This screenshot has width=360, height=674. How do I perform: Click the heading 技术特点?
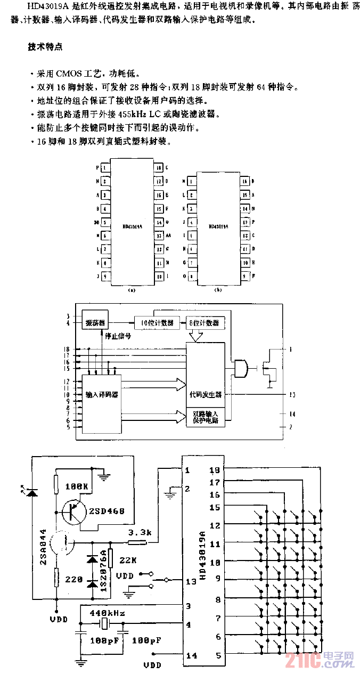point(45,47)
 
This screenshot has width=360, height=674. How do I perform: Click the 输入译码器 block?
point(101,395)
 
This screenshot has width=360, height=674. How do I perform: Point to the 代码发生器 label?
point(206,395)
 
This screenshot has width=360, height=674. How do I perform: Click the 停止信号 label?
point(118,337)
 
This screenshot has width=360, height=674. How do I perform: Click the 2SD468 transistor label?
point(107,511)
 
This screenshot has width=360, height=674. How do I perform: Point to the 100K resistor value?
point(77,486)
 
